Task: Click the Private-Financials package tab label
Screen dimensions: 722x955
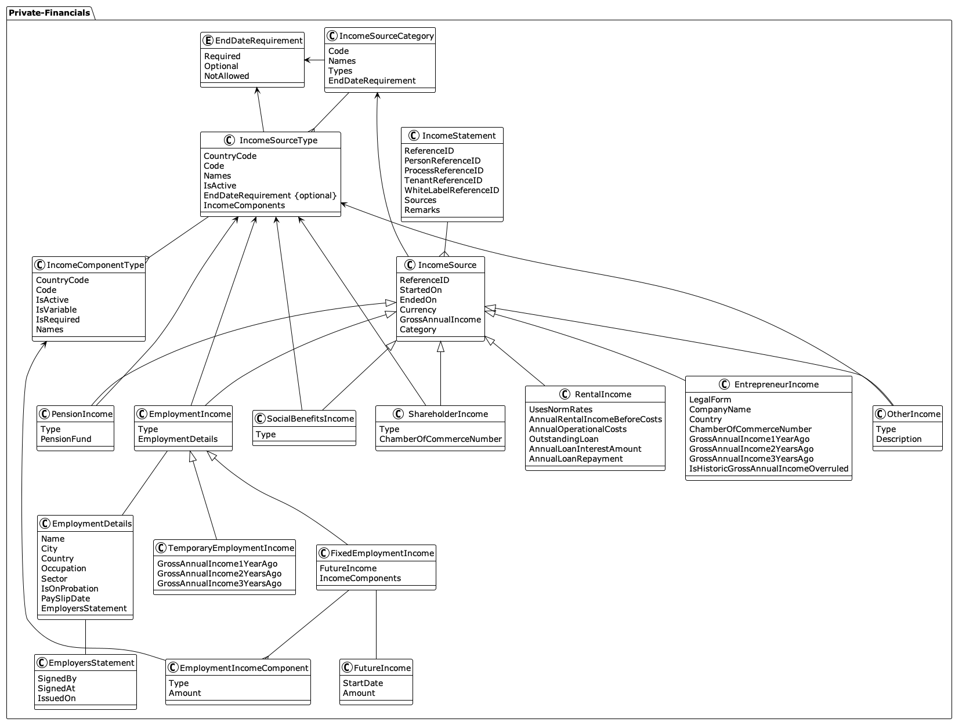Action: point(49,13)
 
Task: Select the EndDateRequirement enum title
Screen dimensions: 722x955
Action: point(259,41)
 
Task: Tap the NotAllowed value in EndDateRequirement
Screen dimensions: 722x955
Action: point(226,76)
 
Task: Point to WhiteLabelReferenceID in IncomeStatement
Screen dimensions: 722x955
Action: point(451,190)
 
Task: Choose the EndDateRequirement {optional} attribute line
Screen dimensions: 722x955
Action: point(270,195)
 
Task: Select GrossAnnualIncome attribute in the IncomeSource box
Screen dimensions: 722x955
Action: point(440,320)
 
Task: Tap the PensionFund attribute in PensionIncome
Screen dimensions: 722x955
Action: point(66,439)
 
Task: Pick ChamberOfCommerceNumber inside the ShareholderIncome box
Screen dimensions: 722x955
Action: point(440,439)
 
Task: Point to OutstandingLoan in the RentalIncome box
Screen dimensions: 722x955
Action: point(563,439)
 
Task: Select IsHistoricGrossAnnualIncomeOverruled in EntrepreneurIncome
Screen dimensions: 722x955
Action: point(768,469)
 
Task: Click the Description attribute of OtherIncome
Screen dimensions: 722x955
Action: point(898,439)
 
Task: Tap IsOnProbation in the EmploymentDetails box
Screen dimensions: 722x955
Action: point(70,589)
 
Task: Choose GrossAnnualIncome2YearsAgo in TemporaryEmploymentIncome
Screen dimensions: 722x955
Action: point(219,574)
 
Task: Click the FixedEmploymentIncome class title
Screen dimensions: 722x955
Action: point(382,553)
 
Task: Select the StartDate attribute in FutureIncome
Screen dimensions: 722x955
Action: point(363,683)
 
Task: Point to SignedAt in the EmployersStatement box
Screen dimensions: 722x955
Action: point(56,688)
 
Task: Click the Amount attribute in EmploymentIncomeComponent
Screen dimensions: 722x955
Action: point(185,693)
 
